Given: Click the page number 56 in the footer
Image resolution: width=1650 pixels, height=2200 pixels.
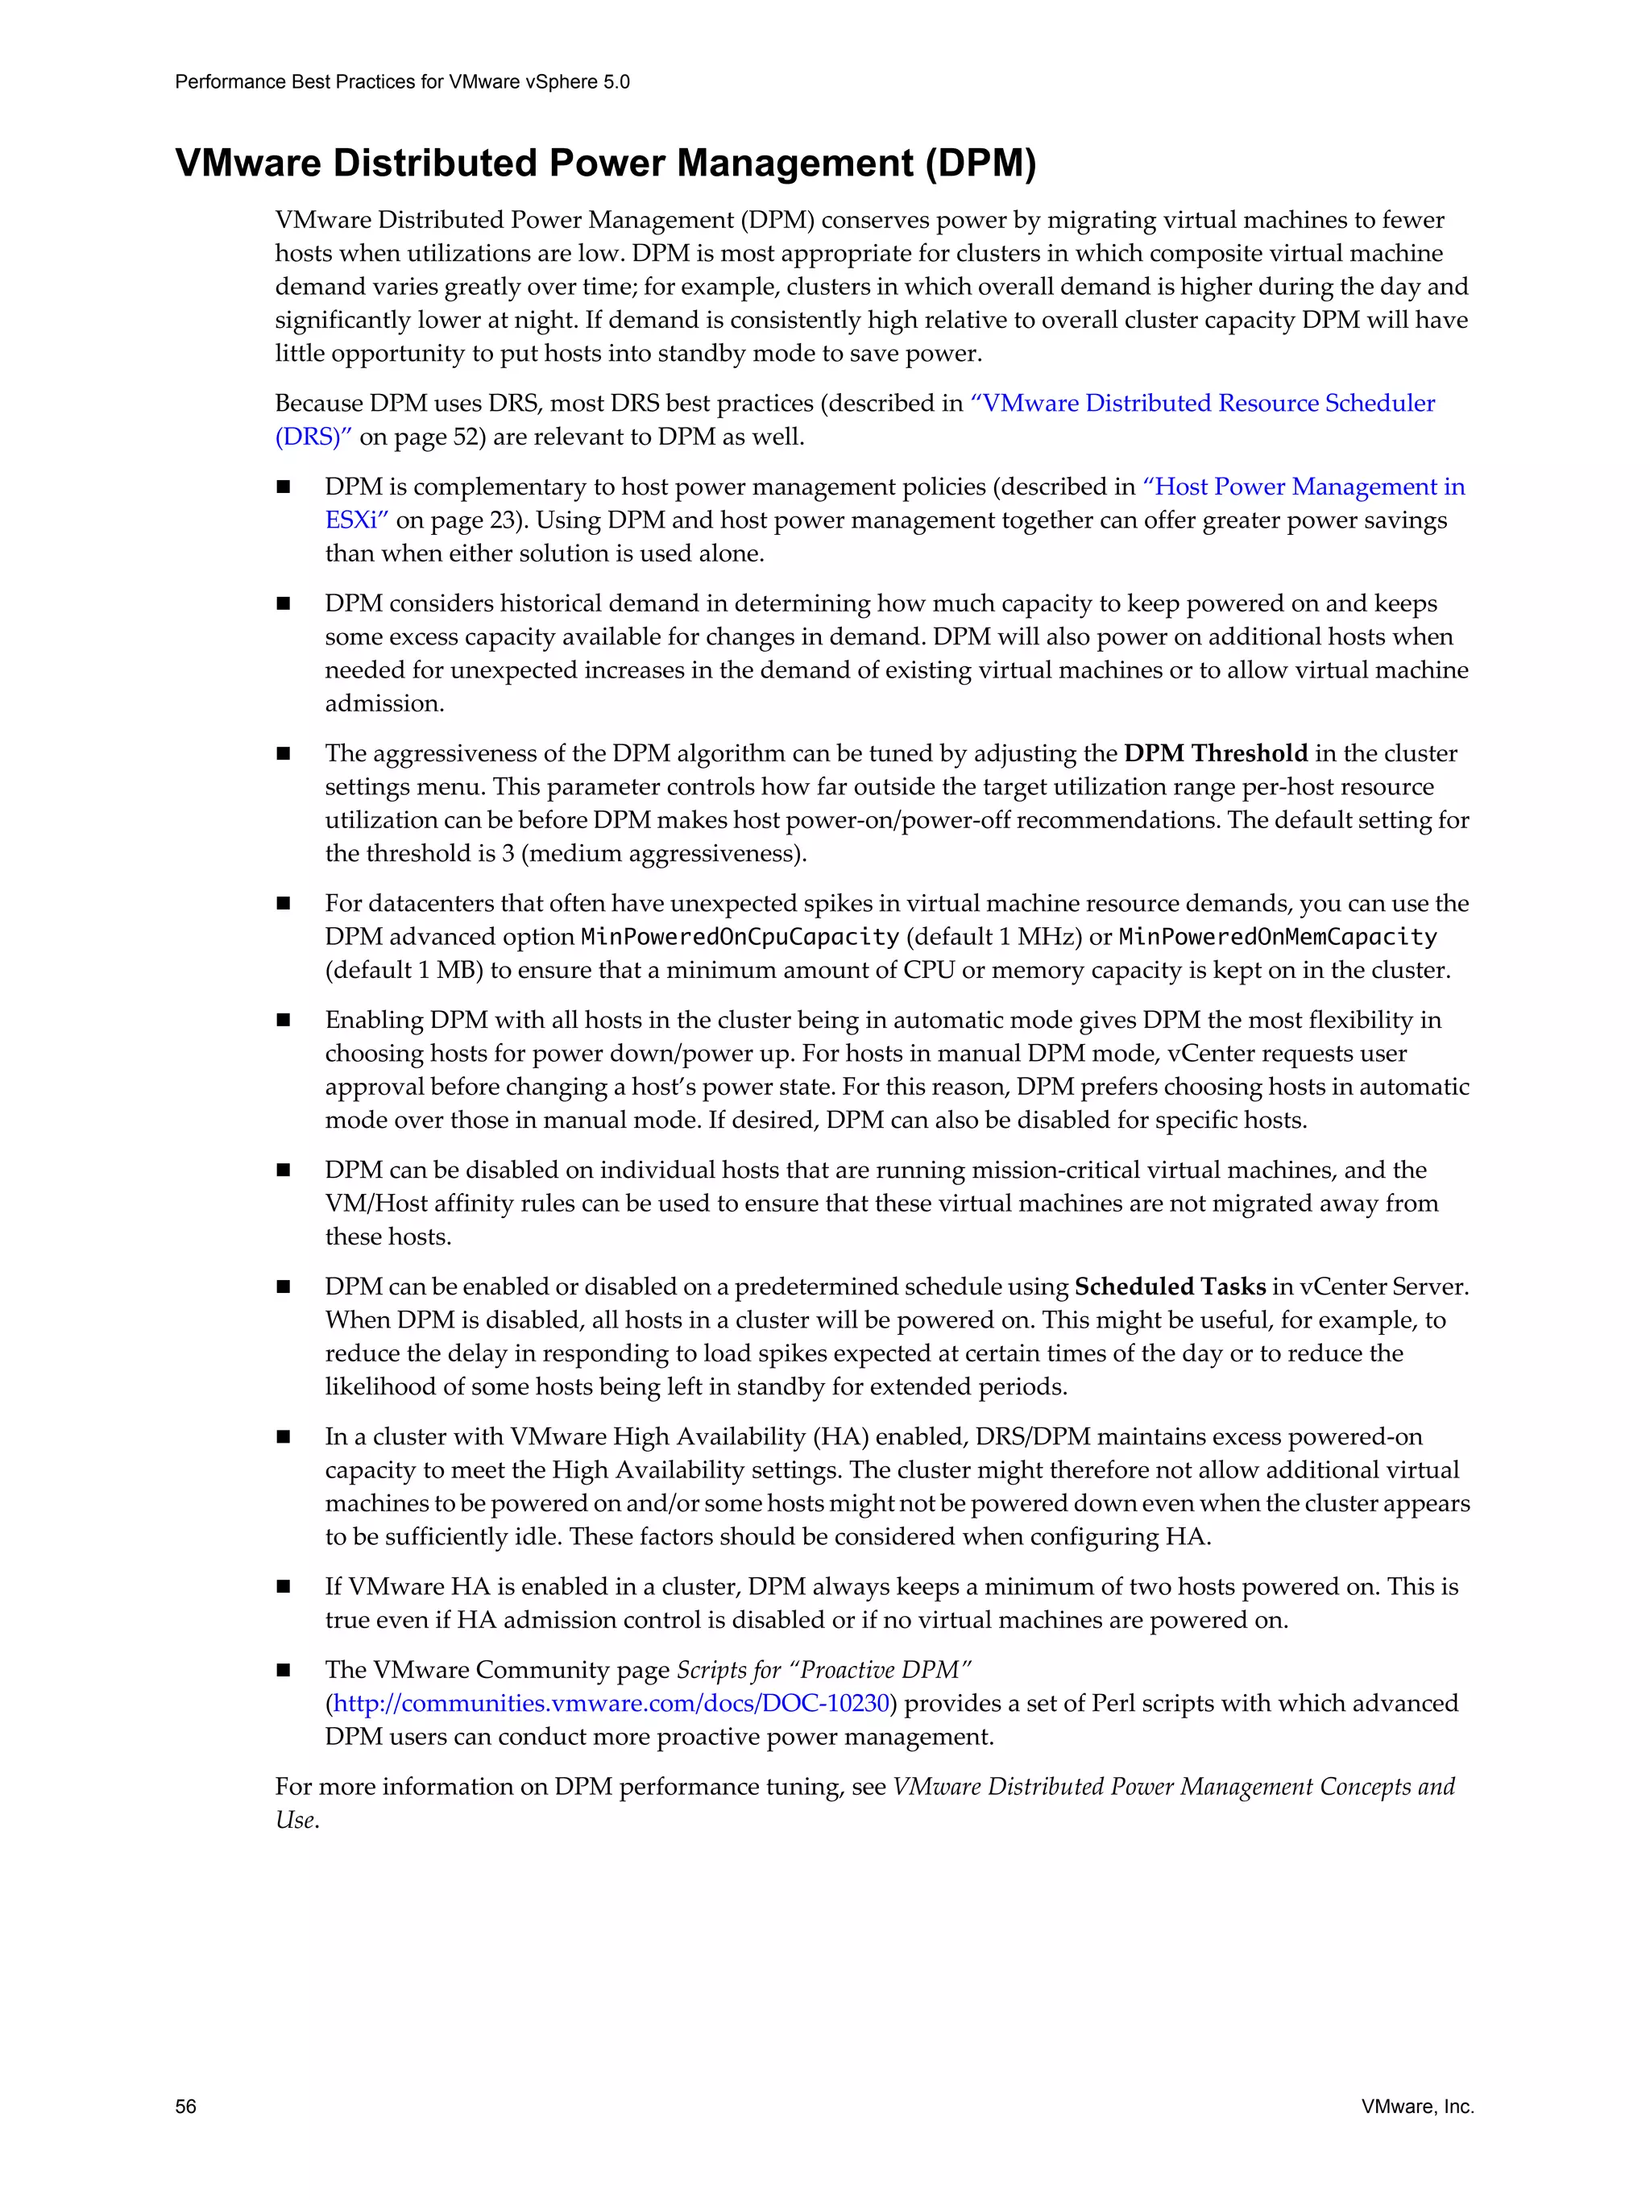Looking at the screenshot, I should [186, 2106].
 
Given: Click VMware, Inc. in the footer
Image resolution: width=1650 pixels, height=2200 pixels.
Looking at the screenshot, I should [1417, 2106].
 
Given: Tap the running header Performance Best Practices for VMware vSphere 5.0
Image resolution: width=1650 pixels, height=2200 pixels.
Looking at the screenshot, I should [402, 81].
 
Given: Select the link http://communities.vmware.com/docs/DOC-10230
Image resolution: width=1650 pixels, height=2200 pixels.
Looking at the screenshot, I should [611, 1703].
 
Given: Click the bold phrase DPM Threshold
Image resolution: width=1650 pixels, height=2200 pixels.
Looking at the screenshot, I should [1216, 753].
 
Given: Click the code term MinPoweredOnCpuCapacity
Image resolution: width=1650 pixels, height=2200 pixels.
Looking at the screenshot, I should [740, 937].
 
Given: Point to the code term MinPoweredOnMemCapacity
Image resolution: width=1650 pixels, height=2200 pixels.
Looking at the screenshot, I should [1278, 937].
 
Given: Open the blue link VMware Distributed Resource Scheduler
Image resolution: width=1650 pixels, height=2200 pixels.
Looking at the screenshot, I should [1208, 403].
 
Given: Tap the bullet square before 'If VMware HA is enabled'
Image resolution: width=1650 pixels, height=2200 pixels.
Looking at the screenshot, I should [284, 1587].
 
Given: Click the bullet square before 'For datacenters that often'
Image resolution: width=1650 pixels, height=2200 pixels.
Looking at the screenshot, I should [284, 904].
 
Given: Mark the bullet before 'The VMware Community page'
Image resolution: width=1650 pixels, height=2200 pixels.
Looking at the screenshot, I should [284, 1671].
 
